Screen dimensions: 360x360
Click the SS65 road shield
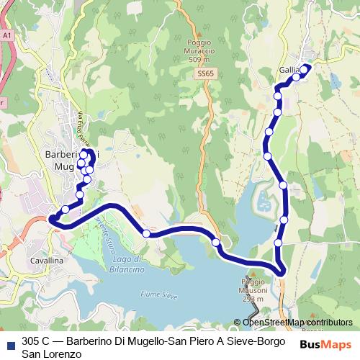point(205,73)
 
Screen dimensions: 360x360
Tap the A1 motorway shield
point(7,34)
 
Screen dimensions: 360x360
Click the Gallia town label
point(289,70)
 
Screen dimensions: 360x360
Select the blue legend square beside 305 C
point(10,342)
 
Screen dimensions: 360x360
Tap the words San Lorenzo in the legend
point(46,354)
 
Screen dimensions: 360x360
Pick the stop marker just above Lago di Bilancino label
point(146,233)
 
